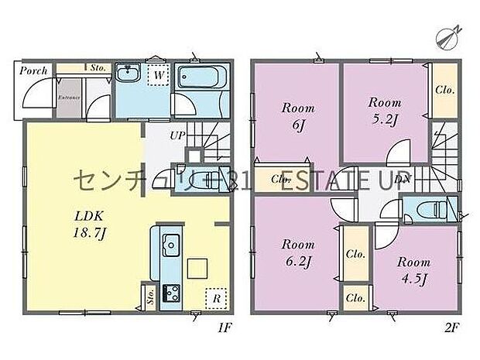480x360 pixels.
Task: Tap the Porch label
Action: (35, 70)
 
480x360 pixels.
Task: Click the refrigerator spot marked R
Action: (215, 297)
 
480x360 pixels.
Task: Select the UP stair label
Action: (177, 135)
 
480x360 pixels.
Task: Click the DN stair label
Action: (403, 180)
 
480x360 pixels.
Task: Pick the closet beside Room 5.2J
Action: (444, 91)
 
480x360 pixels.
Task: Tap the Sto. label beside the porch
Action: (98, 68)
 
